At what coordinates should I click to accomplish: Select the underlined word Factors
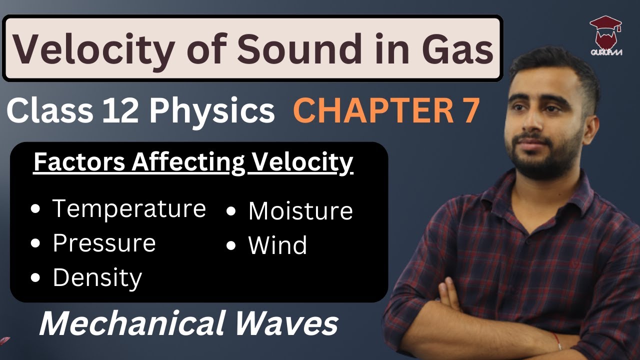[x=71, y=162]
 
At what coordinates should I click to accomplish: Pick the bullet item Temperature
[x=129, y=208]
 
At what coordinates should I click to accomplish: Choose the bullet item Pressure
[x=104, y=243]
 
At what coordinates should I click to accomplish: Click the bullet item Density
[x=97, y=278]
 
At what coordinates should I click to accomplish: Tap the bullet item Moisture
[x=300, y=211]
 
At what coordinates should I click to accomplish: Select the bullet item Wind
[x=277, y=245]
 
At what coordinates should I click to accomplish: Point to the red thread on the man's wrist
[x=559, y=343]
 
